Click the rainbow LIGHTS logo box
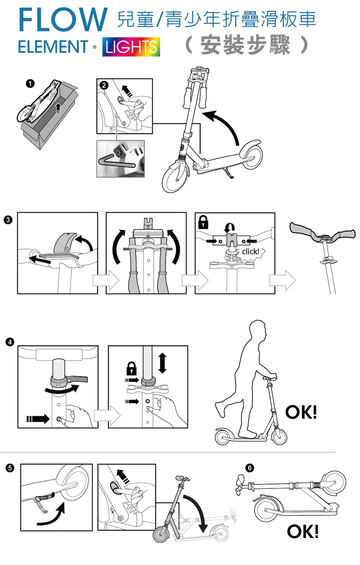click(131, 47)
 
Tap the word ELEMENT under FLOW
click(53, 47)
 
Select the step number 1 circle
click(30, 83)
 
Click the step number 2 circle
click(104, 85)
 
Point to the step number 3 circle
click(8, 220)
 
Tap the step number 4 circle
click(10, 342)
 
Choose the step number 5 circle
click(10, 468)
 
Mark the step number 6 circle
click(249, 468)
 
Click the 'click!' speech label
click(251, 251)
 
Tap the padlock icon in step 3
click(203, 222)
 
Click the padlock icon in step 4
click(131, 368)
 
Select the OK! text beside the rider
click(301, 412)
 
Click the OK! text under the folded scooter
click(303, 532)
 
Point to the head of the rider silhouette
click(258, 329)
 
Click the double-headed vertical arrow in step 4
click(162, 363)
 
